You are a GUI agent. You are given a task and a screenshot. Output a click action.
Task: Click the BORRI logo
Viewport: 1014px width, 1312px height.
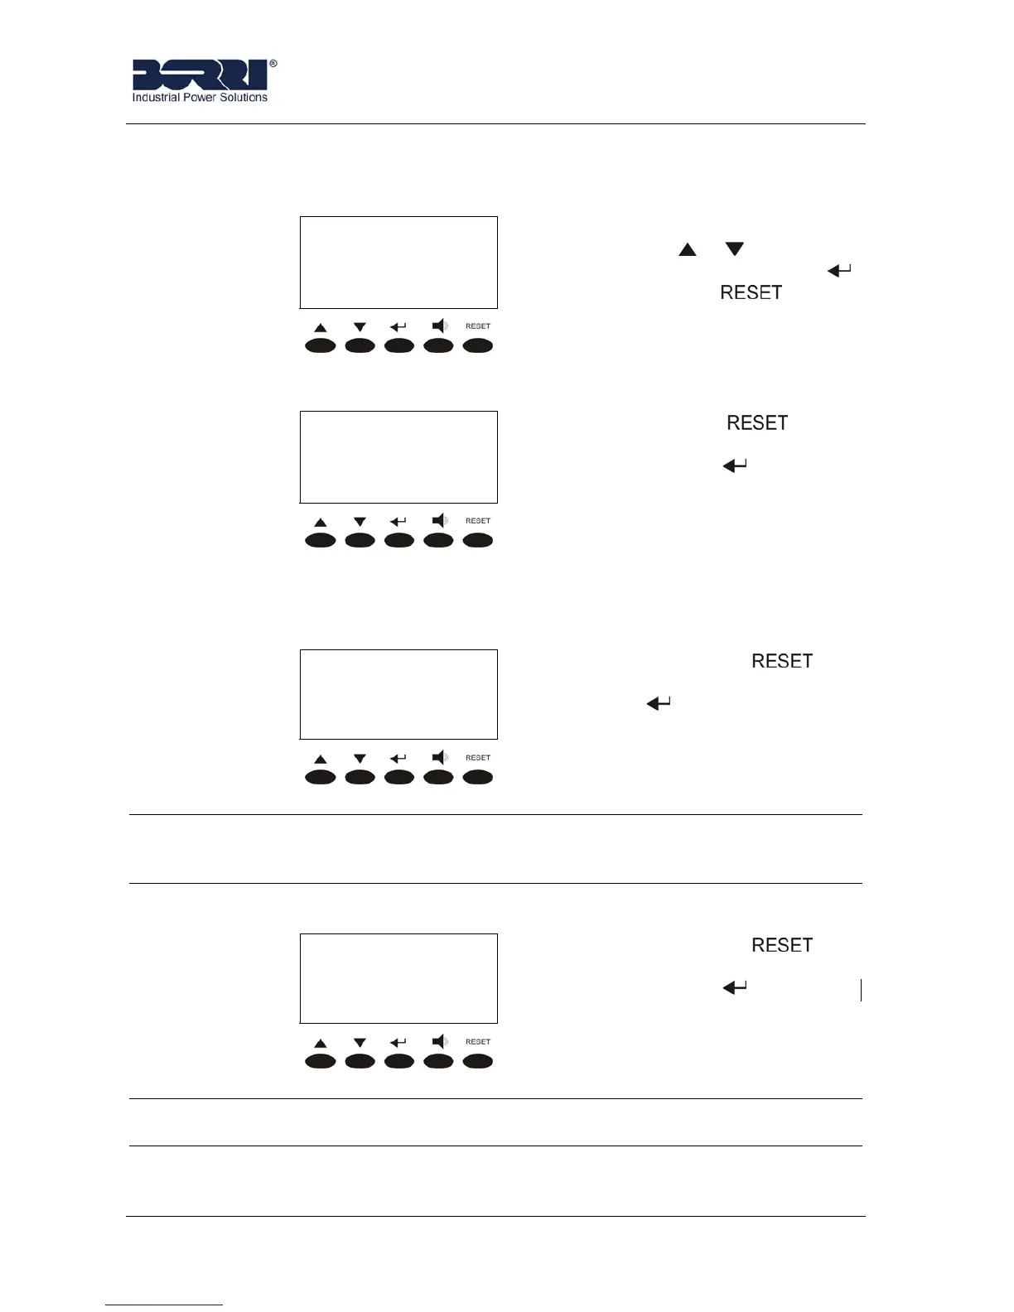200,75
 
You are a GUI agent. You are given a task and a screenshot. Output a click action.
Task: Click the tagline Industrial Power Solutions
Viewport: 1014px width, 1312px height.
200,98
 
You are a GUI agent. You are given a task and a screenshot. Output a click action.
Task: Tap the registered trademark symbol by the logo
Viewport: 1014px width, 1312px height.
273,63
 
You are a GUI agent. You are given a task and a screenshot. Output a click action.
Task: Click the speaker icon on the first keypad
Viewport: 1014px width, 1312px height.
440,326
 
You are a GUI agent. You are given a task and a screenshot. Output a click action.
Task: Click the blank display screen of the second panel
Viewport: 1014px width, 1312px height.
398,457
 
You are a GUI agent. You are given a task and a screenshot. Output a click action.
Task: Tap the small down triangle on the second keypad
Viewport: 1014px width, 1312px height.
360,522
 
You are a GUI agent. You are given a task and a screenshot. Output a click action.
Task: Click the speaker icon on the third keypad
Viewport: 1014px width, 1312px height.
440,757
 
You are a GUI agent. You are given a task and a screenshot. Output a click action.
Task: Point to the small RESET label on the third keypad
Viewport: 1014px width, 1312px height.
478,758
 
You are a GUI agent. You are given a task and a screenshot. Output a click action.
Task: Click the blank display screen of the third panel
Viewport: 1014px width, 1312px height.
398,694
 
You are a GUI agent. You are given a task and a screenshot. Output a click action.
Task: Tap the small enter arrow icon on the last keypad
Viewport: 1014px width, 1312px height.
398,1043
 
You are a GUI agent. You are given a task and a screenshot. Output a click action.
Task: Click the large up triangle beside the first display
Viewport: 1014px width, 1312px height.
688,249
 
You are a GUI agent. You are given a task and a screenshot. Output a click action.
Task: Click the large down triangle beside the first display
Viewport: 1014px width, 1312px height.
735,249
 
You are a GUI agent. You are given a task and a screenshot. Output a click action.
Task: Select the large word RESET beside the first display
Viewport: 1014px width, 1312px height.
751,292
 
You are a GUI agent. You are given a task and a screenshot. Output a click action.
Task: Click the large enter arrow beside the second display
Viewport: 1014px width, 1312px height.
735,466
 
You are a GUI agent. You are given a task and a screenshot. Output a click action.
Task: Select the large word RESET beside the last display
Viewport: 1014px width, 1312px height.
782,945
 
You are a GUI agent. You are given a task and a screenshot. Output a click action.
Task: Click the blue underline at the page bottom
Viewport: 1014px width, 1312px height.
164,1305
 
